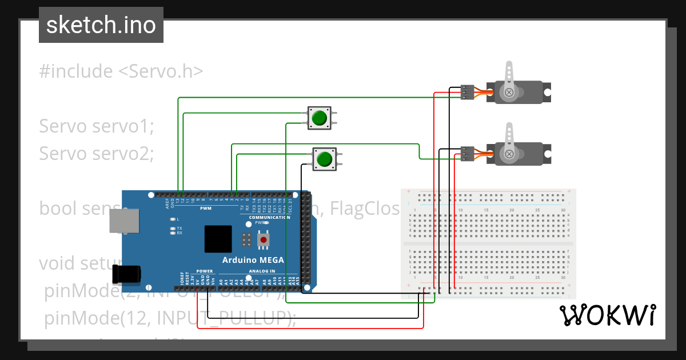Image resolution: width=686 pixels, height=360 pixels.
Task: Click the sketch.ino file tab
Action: [101, 25]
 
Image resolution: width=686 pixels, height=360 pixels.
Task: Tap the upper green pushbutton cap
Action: [319, 118]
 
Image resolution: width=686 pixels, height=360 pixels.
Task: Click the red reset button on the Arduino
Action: [263, 241]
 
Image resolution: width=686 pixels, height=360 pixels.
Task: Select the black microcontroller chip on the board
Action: [218, 239]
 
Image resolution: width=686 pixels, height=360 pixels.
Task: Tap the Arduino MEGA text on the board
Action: [253, 260]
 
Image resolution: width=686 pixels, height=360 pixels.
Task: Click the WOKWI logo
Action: [607, 315]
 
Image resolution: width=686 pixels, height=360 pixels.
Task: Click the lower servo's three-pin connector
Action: [467, 153]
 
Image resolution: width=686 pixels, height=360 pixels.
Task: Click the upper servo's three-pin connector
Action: [467, 92]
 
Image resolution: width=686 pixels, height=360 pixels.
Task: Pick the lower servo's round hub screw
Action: [508, 153]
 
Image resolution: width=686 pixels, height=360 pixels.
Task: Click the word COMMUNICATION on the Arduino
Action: [269, 218]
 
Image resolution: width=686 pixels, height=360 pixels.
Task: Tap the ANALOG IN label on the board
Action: [262, 271]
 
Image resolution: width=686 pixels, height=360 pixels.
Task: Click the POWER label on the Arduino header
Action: [204, 271]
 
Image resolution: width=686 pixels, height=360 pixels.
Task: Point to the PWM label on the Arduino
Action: [205, 209]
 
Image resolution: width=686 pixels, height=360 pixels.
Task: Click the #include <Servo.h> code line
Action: [121, 71]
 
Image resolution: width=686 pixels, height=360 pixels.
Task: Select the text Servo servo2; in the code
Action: [96, 153]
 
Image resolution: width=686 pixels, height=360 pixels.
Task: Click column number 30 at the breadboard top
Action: [563, 210]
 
